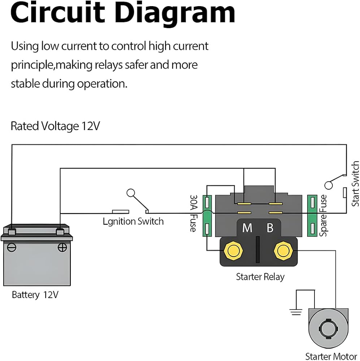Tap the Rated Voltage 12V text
[x=55, y=126]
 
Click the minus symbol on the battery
[x=12, y=247]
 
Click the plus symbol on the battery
[x=62, y=247]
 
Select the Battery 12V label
[x=35, y=295]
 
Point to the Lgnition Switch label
[x=133, y=221]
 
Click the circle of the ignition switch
[x=131, y=193]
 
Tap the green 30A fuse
[x=207, y=216]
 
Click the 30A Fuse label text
[x=193, y=214]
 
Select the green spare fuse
[x=312, y=216]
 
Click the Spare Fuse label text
[x=324, y=216]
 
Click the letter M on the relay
[x=247, y=228]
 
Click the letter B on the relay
[x=270, y=228]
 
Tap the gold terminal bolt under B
[x=282, y=250]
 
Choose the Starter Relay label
[x=260, y=277]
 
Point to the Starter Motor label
[x=331, y=356]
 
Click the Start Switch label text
[x=355, y=184]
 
